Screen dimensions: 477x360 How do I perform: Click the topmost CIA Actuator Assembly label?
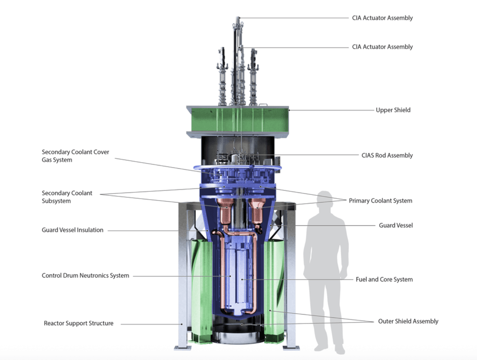[x=383, y=18]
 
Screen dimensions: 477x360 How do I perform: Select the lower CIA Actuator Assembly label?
[x=383, y=47]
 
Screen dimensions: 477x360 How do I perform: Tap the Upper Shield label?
[x=393, y=110]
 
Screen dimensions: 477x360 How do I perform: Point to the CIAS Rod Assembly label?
[x=387, y=155]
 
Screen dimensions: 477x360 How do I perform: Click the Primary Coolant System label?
[x=380, y=201]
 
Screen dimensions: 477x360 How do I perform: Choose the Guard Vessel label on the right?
[x=396, y=226]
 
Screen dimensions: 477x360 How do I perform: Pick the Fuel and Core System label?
[x=384, y=279]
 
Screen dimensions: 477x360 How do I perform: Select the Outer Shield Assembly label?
[x=408, y=322]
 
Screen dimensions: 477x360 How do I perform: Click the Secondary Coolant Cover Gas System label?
[x=75, y=156]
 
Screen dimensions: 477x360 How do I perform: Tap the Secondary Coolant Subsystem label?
[x=67, y=197]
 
